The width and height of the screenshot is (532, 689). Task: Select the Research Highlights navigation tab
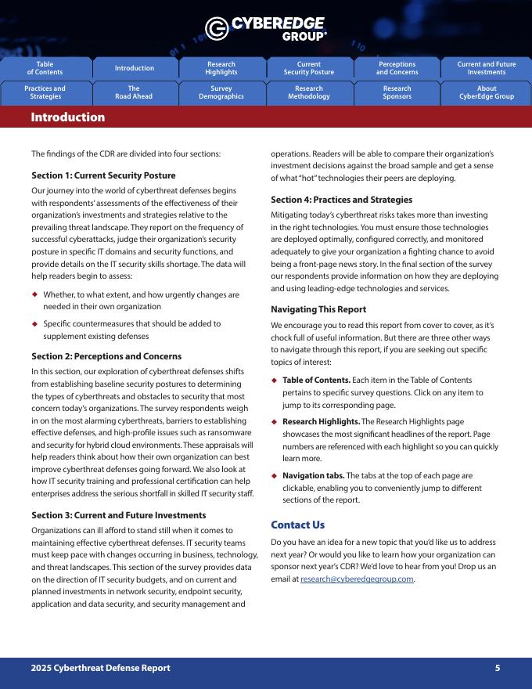[x=221, y=68]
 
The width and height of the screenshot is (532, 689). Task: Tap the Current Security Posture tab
[x=309, y=68]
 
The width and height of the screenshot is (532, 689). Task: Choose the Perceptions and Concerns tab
[x=397, y=68]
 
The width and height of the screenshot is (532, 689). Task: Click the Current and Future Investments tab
[x=486, y=68]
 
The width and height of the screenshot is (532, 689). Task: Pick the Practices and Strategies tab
[x=45, y=92]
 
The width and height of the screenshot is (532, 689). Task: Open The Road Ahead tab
[x=134, y=92]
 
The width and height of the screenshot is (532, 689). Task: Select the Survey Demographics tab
[x=221, y=92]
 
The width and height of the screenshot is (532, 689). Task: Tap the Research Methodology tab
[x=309, y=92]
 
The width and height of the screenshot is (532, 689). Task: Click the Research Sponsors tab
[x=397, y=92]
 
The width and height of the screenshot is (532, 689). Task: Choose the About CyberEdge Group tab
[x=486, y=92]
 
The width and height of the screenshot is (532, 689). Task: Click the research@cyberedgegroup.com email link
[x=357, y=579]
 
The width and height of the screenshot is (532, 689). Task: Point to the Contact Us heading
[x=297, y=525]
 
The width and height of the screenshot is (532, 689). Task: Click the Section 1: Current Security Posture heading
[x=103, y=175]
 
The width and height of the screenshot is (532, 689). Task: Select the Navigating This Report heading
[x=318, y=309]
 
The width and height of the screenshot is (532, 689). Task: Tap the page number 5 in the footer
[x=498, y=668]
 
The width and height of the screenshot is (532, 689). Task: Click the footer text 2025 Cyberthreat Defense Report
[x=100, y=668]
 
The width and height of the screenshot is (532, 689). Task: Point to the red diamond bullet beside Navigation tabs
[x=274, y=475]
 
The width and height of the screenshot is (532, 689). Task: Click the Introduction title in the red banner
[x=67, y=117]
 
